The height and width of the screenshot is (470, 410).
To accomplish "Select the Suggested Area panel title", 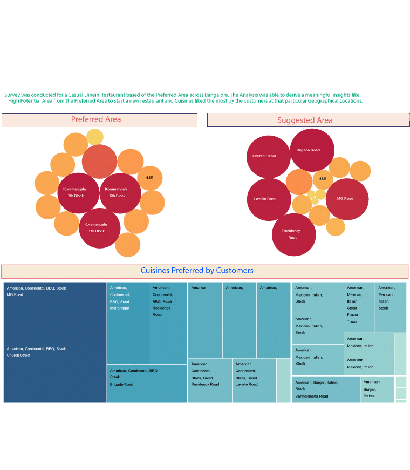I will [x=305, y=120].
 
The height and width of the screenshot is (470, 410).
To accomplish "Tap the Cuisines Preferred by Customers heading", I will [x=197, y=271].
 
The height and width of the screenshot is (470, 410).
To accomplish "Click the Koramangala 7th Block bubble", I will [x=78, y=193].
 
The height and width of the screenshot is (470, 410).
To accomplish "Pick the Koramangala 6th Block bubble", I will [x=120, y=193].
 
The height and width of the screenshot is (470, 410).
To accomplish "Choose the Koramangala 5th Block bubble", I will [x=99, y=227].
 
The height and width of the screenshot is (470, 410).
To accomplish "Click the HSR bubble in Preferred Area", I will [x=149, y=178].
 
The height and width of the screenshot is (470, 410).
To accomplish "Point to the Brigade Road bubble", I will [x=312, y=150].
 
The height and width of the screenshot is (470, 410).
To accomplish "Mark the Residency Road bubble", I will [x=293, y=234].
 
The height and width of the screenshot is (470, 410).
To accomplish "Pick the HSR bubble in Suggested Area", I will [x=323, y=179].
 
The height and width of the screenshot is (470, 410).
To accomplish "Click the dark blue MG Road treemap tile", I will [x=55, y=312].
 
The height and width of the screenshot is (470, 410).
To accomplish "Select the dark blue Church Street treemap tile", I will [x=55, y=373].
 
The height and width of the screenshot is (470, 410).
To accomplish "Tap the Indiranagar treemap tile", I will [x=128, y=323].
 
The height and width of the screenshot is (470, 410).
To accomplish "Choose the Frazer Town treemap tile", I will [x=359, y=307].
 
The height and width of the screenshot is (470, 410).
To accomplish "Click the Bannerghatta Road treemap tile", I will [x=326, y=390].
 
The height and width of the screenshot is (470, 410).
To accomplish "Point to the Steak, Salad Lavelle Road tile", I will [x=254, y=380].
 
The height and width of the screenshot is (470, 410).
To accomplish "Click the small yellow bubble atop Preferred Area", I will [x=95, y=137].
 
